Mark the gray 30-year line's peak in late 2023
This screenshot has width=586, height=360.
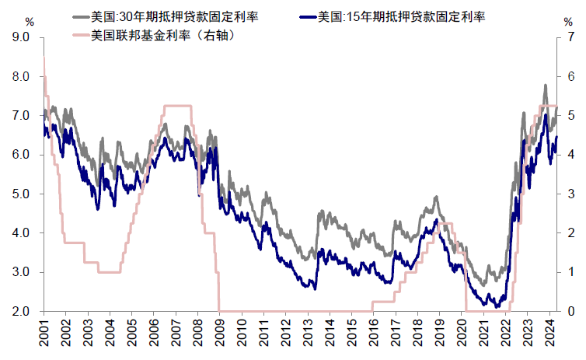tap(545, 86)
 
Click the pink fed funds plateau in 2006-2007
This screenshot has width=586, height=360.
tap(178, 106)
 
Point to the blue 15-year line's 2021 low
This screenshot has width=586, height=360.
tap(487, 306)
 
